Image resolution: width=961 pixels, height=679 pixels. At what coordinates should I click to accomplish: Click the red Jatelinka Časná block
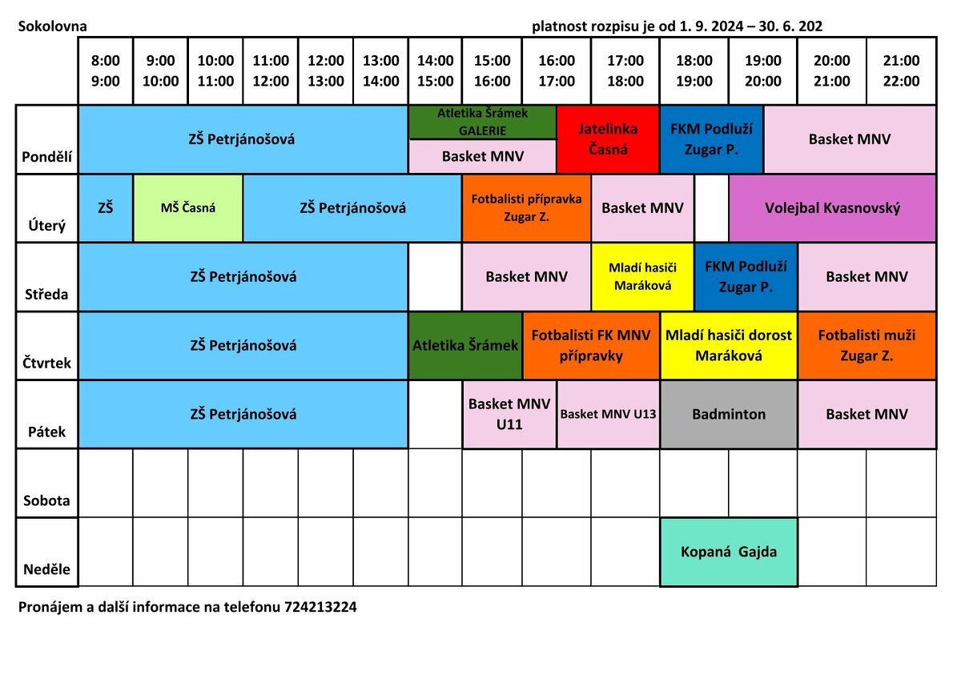coord(608,139)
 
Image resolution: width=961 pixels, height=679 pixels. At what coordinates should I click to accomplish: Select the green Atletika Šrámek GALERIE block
coord(482,122)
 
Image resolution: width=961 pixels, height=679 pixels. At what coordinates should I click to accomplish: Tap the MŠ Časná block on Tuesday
coord(188,208)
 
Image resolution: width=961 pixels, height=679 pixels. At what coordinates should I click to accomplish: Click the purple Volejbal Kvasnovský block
coord(832,208)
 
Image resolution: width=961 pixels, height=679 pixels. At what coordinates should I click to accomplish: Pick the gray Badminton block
coord(729,414)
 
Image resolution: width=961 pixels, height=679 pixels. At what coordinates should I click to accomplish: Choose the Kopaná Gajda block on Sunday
coord(729,552)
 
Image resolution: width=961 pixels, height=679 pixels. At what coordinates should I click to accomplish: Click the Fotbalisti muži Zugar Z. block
coord(867,345)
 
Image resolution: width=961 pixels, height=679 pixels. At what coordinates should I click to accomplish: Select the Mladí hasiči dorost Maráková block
coord(729,345)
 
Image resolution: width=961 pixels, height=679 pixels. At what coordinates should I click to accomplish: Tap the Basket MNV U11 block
coord(509,414)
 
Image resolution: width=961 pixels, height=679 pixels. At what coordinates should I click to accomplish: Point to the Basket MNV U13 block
coord(608,414)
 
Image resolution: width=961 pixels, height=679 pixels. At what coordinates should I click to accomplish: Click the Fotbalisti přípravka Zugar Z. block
coord(526,208)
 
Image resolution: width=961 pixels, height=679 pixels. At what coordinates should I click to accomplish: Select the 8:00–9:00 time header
coord(106,70)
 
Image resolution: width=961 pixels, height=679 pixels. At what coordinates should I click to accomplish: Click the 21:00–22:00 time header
coord(901,70)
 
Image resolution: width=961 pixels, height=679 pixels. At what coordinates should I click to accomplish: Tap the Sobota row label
coord(46,501)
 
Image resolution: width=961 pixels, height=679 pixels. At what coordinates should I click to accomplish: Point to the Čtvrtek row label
coord(46,364)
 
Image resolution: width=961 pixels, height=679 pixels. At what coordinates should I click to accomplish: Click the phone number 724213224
coord(320,607)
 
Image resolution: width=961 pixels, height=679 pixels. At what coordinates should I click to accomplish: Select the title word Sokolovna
coord(53,26)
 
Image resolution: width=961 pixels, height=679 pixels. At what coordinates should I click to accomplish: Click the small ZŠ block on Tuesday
coord(106,208)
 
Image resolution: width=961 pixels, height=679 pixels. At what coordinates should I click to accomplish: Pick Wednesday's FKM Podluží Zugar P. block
coord(746,276)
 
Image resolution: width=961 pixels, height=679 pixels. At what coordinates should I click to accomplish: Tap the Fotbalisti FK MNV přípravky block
coord(591,345)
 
